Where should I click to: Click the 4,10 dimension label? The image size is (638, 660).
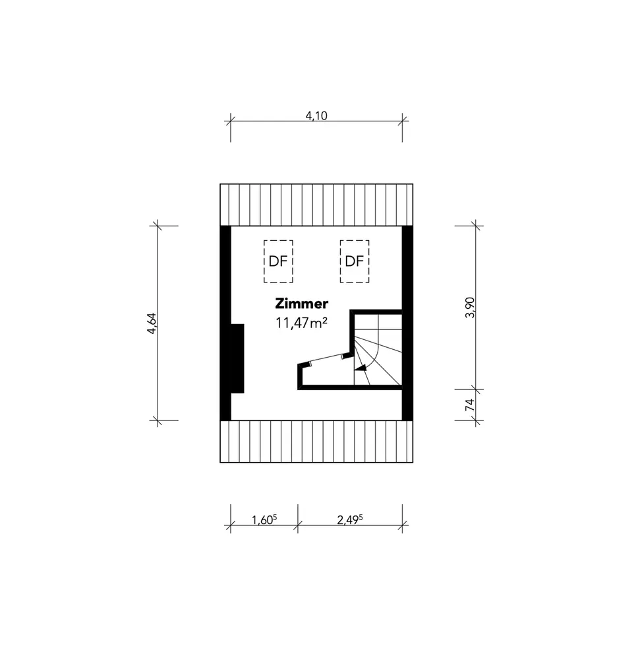(316, 115)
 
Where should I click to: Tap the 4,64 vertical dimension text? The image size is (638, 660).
(152, 323)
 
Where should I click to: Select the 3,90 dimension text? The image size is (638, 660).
(471, 308)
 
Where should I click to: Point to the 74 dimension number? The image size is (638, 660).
(470, 405)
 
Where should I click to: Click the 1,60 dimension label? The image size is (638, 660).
(264, 519)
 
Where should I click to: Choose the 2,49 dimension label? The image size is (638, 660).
(350, 519)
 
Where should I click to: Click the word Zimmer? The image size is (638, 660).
(301, 303)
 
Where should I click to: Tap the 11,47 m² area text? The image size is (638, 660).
(301, 323)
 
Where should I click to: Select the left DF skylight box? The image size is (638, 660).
(278, 261)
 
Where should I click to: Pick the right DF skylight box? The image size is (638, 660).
(355, 261)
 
